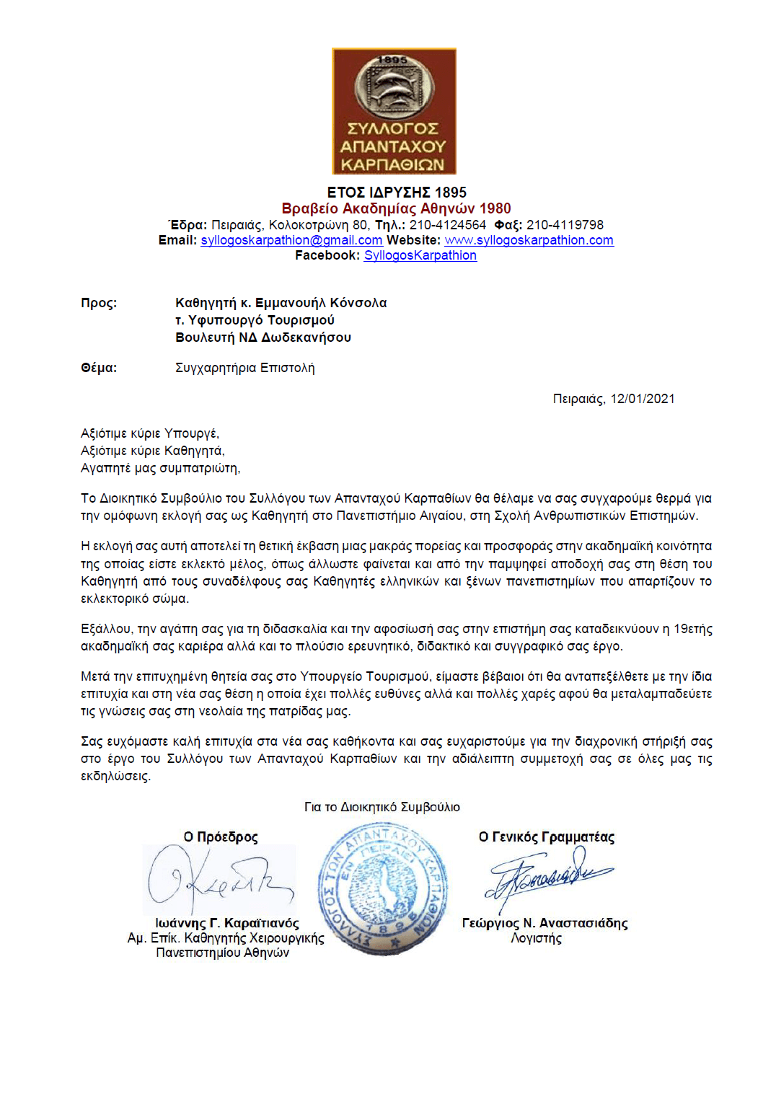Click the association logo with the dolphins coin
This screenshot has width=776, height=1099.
pyautogui.click(x=394, y=111)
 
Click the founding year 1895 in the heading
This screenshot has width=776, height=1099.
pyautogui.click(x=450, y=193)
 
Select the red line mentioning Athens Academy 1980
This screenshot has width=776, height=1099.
pyautogui.click(x=396, y=208)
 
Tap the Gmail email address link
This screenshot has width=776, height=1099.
pyautogui.click(x=291, y=240)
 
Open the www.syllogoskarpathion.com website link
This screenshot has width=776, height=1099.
pyautogui.click(x=529, y=240)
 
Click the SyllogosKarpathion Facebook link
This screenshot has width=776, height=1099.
pyautogui.click(x=420, y=255)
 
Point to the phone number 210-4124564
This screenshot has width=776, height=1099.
pyautogui.click(x=447, y=225)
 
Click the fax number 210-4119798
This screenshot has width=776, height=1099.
pyautogui.click(x=564, y=225)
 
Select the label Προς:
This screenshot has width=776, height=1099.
pyautogui.click(x=99, y=303)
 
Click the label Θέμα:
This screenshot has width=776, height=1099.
pyautogui.click(x=99, y=368)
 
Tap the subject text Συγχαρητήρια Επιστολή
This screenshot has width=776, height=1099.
pyautogui.click(x=244, y=368)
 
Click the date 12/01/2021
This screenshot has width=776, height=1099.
pyautogui.click(x=642, y=399)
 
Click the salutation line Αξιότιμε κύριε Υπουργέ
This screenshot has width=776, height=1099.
pyautogui.click(x=150, y=433)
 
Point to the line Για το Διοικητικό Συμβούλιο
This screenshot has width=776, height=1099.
pyautogui.click(x=382, y=807)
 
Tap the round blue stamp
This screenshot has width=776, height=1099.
pyautogui.click(x=383, y=888)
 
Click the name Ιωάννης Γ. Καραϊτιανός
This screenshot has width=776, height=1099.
pyautogui.click(x=226, y=923)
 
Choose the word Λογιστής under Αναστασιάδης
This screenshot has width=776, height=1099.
pyautogui.click(x=536, y=938)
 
